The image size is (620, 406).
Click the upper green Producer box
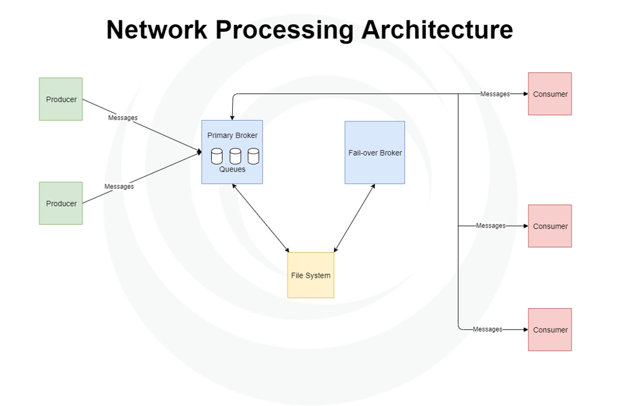point(61,99)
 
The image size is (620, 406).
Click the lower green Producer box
point(61,203)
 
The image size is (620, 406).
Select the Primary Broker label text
point(232,135)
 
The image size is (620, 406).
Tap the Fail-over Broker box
point(375,152)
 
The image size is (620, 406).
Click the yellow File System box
point(310,275)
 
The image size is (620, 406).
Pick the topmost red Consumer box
point(550,94)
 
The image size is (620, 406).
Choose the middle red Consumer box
point(550,226)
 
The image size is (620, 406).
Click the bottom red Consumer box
point(550,330)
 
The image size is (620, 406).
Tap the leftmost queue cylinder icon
point(217,156)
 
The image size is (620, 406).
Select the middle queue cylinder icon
point(235,156)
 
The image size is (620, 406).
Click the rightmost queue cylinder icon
point(253,156)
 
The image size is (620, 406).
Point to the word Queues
point(232,170)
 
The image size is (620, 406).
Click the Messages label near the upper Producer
point(123,118)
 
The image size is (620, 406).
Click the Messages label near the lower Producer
point(119,186)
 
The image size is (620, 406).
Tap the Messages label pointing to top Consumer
point(495,94)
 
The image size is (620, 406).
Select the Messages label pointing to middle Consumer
point(491,226)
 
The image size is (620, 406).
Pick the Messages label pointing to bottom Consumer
point(488,329)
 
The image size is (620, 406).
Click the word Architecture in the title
point(437,30)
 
